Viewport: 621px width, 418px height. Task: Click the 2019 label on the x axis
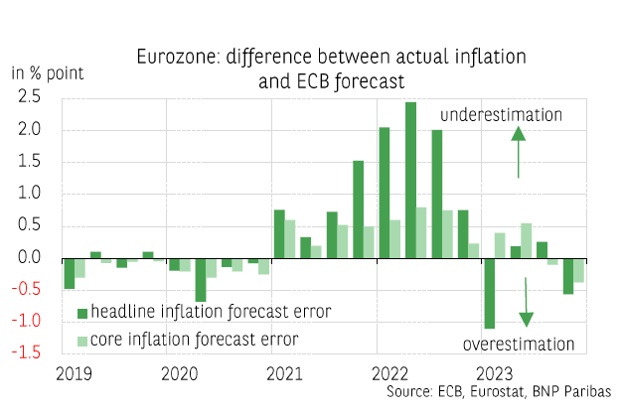click(76, 374)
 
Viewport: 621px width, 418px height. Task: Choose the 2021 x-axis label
click(284, 374)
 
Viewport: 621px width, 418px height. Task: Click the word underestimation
click(501, 115)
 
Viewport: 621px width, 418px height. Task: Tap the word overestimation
click(519, 345)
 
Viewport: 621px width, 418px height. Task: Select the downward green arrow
click(526, 303)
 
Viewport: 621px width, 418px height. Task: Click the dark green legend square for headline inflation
click(82, 313)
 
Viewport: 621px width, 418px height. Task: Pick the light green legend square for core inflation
click(82, 340)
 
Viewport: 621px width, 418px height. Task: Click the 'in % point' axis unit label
click(48, 72)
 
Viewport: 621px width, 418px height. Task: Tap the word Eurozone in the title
click(175, 58)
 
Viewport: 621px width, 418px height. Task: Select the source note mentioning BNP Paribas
click(498, 392)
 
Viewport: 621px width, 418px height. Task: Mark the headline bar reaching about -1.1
click(489, 293)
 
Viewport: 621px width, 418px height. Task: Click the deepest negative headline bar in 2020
click(201, 279)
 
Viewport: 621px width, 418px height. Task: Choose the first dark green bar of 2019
click(70, 273)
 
